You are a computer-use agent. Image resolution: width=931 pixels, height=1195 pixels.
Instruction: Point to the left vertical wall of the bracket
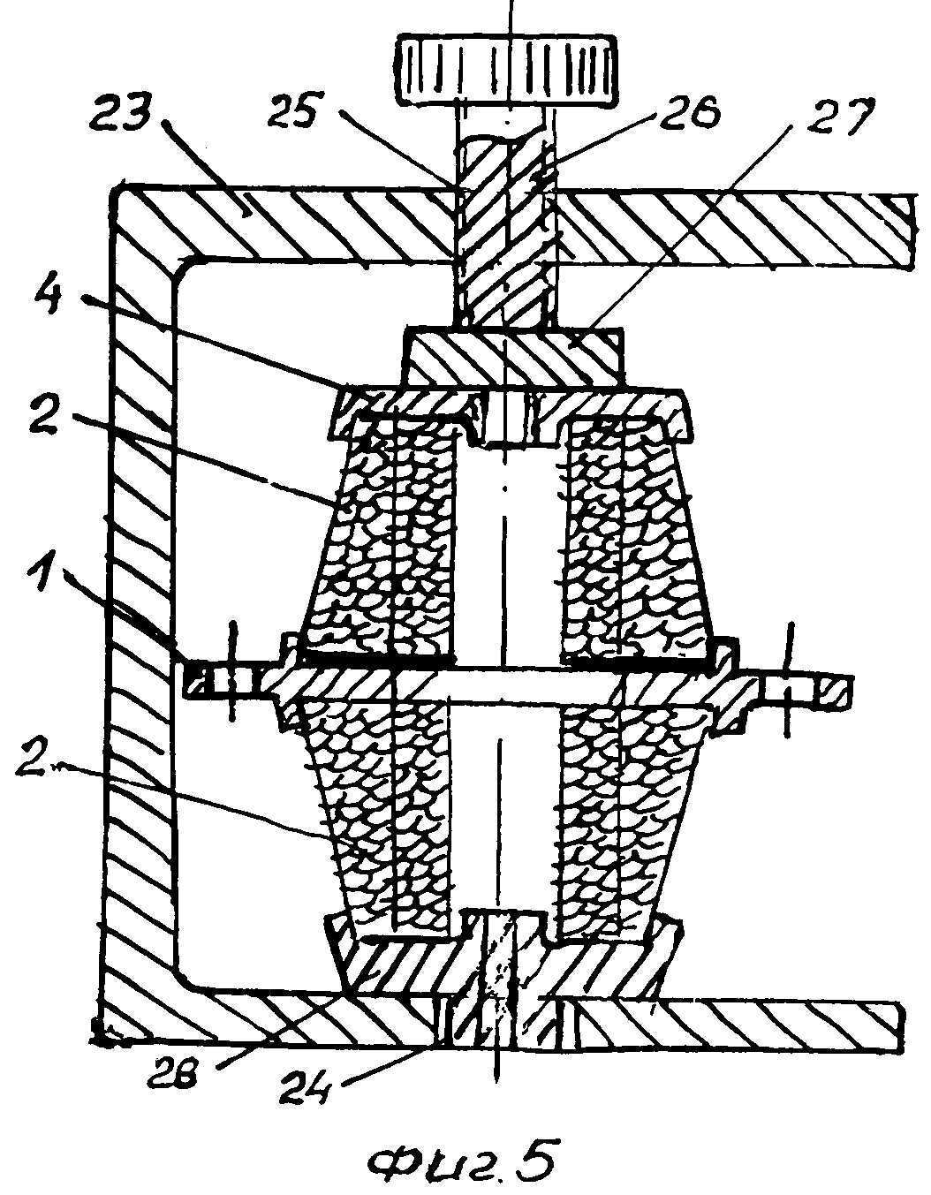pos(141,618)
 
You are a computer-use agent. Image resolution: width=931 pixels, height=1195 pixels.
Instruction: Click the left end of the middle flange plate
pos(221,681)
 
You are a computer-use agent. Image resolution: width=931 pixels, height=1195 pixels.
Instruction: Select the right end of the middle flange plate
pos(808,689)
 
